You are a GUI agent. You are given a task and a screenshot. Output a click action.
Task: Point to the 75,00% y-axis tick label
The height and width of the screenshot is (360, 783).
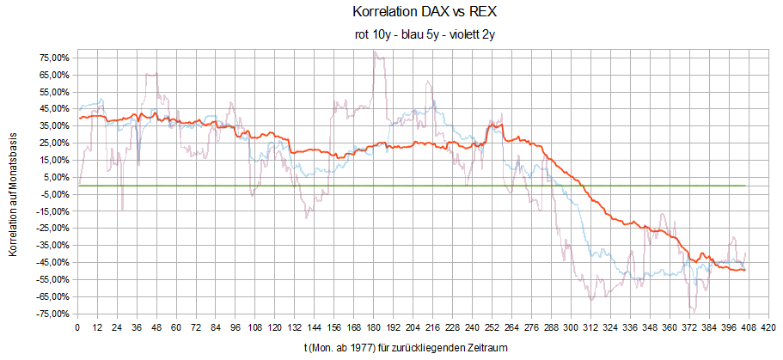click(x=53, y=58)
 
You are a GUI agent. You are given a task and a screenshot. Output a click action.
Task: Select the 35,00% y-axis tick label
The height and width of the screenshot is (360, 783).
click(x=53, y=125)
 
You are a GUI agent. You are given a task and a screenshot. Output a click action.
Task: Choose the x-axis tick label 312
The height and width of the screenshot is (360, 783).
click(x=591, y=327)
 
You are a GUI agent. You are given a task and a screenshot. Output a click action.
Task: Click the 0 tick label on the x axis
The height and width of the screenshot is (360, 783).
click(x=78, y=327)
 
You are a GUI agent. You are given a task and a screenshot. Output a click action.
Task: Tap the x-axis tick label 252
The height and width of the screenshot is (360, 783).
click(x=492, y=327)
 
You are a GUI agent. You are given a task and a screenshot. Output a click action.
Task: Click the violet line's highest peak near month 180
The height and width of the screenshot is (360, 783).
click(x=375, y=51)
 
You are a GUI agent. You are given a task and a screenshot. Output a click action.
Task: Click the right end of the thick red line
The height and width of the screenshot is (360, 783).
click(x=745, y=270)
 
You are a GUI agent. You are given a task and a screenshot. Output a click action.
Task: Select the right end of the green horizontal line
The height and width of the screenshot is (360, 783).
click(x=745, y=186)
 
